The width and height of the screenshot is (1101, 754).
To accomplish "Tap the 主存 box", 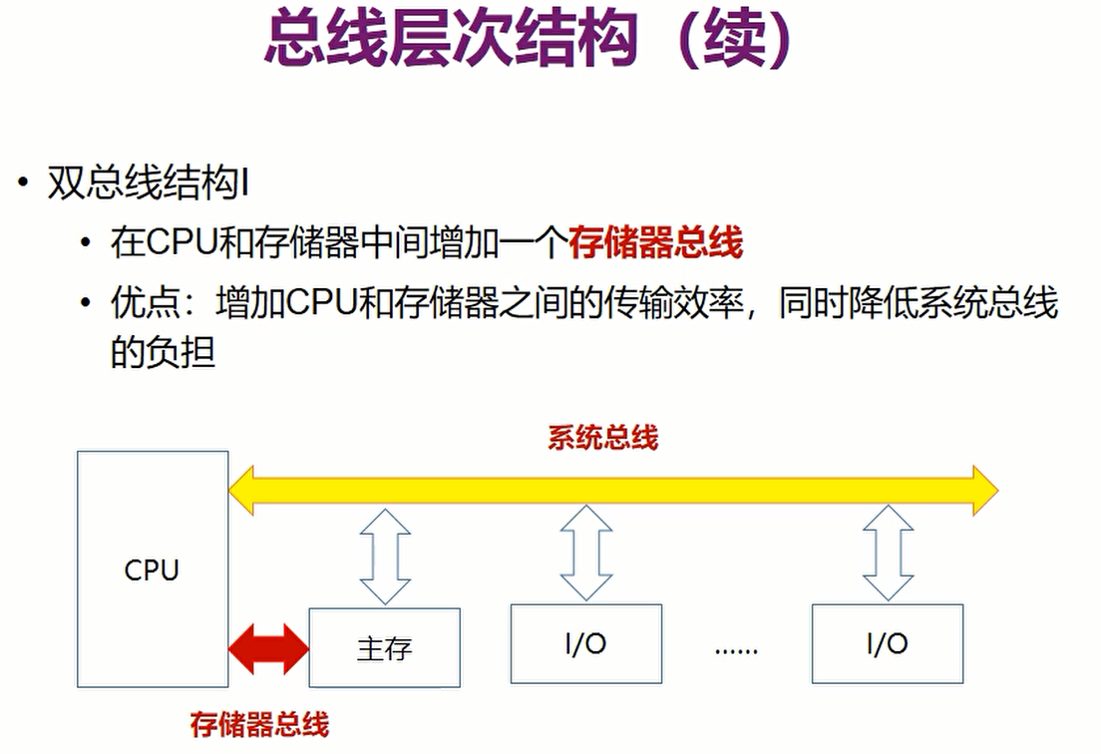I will (x=384, y=647).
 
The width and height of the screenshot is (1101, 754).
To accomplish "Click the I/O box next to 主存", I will (x=585, y=643).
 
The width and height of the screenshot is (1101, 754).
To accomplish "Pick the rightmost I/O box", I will (x=887, y=643).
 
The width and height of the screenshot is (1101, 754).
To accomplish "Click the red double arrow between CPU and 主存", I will (x=268, y=647).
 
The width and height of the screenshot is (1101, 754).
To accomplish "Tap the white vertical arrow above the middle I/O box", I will (x=585, y=552).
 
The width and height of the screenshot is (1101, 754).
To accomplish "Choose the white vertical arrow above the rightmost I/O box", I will (x=887, y=552).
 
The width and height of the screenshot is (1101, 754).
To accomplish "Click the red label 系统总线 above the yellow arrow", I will (x=602, y=438).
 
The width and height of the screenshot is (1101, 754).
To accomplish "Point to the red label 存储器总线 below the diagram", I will (x=259, y=724).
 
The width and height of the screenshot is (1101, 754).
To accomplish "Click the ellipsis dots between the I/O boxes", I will (x=736, y=648).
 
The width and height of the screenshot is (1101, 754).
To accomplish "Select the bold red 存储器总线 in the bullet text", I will (x=656, y=242).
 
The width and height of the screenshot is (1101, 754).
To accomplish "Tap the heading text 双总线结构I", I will (x=148, y=186).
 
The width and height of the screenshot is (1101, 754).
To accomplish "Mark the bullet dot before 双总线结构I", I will (x=22, y=186).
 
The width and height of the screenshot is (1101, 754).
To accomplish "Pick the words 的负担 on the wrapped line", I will (x=163, y=352).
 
